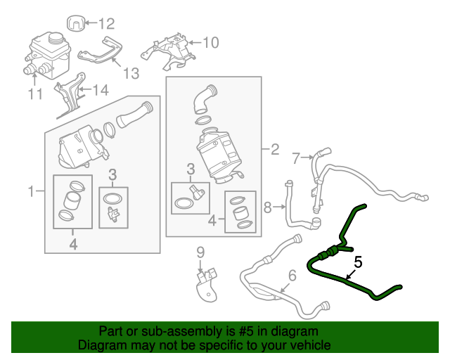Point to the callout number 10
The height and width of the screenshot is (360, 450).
click(x=211, y=43)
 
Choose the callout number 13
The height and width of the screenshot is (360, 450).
click(x=131, y=72)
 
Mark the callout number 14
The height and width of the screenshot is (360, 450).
click(x=102, y=90)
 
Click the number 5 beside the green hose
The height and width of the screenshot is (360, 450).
click(x=358, y=262)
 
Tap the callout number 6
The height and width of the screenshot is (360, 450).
click(x=292, y=275)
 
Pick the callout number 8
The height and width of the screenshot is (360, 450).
click(x=267, y=207)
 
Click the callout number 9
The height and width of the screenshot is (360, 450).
click(x=200, y=252)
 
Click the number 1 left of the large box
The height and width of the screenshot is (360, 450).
click(x=31, y=191)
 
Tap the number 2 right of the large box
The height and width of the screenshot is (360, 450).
click(x=275, y=149)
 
